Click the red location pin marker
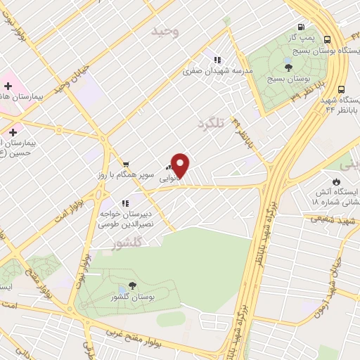tap(181, 165)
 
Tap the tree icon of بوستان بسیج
tap(289, 67)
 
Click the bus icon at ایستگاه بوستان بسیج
tap(328, 39)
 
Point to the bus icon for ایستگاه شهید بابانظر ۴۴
tap(341, 89)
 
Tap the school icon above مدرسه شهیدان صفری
tap(217, 60)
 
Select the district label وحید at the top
tap(166, 31)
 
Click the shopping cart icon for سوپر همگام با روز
tap(125, 162)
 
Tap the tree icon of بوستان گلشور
tap(133, 286)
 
